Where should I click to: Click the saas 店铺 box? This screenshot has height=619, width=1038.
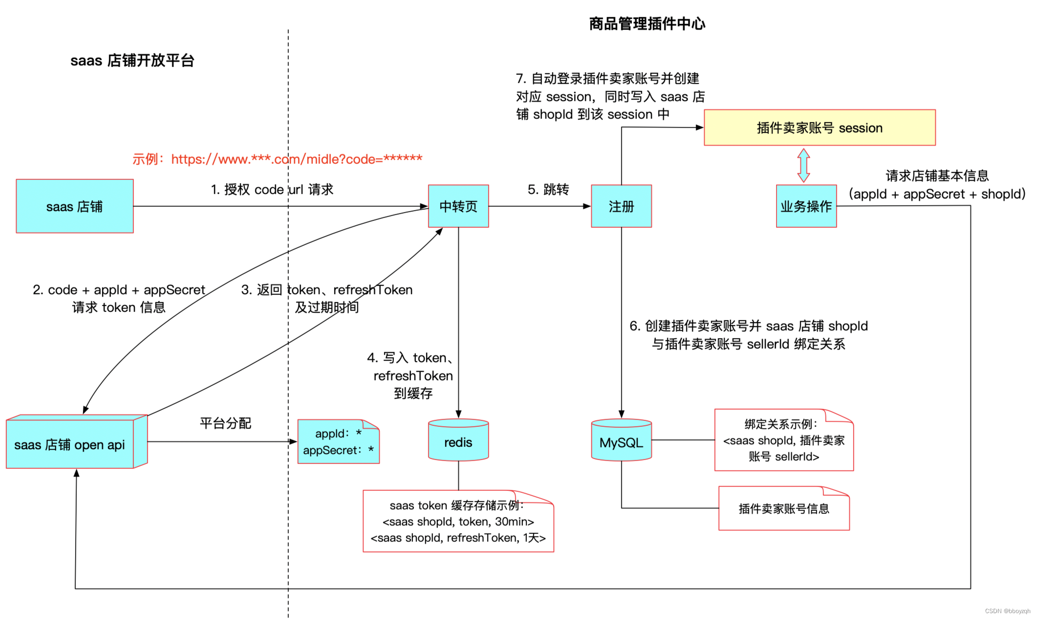click(74, 206)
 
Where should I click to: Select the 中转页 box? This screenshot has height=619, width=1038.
click(458, 206)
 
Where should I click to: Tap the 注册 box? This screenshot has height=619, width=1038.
click(621, 206)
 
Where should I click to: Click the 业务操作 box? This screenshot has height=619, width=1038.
click(806, 206)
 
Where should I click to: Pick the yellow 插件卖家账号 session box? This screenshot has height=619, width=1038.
click(819, 128)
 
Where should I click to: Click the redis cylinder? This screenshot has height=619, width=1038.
click(458, 441)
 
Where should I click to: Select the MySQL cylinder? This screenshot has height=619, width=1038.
click(621, 441)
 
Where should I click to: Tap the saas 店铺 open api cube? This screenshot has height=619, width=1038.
click(70, 444)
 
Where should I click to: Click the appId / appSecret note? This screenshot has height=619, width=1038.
click(338, 442)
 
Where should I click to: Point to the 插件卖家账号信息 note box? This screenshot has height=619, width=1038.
click(783, 508)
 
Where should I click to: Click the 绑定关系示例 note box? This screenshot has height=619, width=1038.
click(783, 441)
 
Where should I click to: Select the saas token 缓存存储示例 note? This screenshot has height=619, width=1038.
click(458, 522)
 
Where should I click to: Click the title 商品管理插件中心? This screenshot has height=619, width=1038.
click(647, 23)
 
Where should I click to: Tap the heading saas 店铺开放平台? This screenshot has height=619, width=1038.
click(132, 61)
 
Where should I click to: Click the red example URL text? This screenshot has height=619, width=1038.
click(277, 159)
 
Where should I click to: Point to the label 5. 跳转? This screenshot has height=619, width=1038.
click(548, 189)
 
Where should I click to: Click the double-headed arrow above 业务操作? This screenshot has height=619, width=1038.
click(803, 165)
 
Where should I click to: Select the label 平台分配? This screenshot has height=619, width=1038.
click(225, 423)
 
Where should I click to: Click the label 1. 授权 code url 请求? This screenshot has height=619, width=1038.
click(272, 189)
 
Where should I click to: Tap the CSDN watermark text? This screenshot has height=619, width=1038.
click(1007, 611)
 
